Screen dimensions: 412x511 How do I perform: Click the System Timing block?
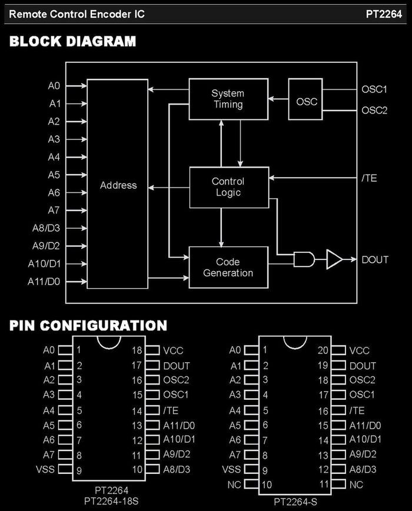click(x=228, y=99)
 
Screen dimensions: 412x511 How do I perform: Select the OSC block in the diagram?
click(x=305, y=99)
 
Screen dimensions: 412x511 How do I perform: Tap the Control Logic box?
click(x=229, y=188)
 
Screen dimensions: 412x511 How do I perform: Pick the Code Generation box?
click(x=228, y=267)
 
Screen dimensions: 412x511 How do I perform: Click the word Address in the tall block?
click(x=118, y=185)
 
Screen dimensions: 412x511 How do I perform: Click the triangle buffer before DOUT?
click(x=334, y=259)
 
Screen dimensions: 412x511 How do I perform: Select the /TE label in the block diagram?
click(x=369, y=178)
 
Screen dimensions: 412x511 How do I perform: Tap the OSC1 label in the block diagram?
click(x=374, y=89)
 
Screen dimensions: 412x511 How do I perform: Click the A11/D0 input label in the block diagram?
click(x=44, y=281)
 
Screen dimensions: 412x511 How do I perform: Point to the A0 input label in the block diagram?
click(x=54, y=86)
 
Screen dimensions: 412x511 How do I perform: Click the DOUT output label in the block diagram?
click(x=375, y=260)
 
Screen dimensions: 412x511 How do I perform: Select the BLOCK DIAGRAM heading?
click(x=73, y=41)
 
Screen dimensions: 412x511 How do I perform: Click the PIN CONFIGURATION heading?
click(x=88, y=326)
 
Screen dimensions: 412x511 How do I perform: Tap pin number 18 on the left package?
click(x=137, y=350)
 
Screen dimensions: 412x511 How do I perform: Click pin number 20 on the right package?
click(x=323, y=350)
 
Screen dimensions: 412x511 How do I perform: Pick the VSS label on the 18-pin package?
click(x=45, y=469)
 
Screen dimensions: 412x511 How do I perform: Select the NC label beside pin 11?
click(x=356, y=485)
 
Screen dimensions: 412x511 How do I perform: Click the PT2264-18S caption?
click(x=111, y=501)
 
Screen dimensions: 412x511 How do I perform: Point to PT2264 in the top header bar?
click(x=384, y=14)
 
